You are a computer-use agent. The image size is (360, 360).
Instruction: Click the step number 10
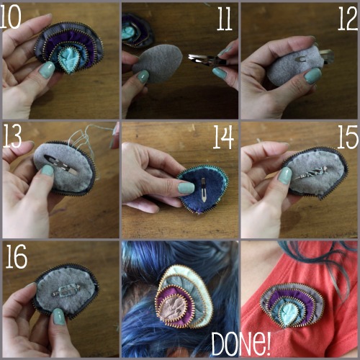(11, 16)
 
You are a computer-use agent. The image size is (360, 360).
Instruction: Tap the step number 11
(225, 19)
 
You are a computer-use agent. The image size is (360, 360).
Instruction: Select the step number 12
(348, 19)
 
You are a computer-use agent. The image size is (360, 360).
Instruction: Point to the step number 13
(12, 136)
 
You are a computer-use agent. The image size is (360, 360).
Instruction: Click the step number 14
(223, 138)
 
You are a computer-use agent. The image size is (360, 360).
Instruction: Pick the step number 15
(348, 138)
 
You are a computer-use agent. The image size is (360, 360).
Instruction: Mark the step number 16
(16, 256)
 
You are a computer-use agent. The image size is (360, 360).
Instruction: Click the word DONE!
(241, 344)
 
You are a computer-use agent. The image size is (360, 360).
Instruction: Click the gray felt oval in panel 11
(158, 64)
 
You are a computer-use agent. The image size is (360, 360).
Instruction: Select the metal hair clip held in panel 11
(207, 60)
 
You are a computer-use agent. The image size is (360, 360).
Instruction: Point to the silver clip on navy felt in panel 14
(204, 189)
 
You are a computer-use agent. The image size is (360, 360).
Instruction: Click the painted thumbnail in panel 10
(47, 70)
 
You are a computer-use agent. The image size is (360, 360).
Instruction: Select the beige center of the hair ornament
(173, 308)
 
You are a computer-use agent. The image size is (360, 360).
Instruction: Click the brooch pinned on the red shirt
(292, 305)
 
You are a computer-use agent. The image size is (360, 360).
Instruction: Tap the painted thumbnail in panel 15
(284, 176)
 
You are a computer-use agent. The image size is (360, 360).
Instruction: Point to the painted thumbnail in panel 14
(186, 188)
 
